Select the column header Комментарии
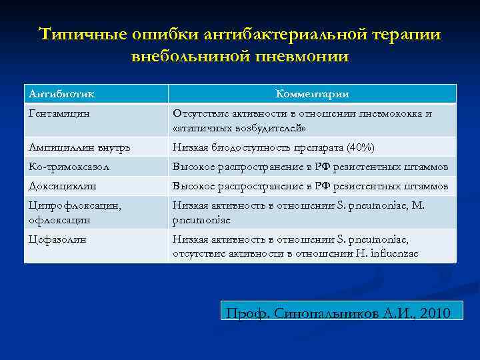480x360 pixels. pyautogui.click(x=312, y=94)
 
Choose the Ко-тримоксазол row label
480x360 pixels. pyautogui.click(x=68, y=167)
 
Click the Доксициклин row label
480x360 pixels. pyautogui.click(x=63, y=186)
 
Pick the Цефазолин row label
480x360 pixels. pyautogui.click(x=58, y=239)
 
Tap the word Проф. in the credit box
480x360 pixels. pyautogui.click(x=246, y=313)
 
